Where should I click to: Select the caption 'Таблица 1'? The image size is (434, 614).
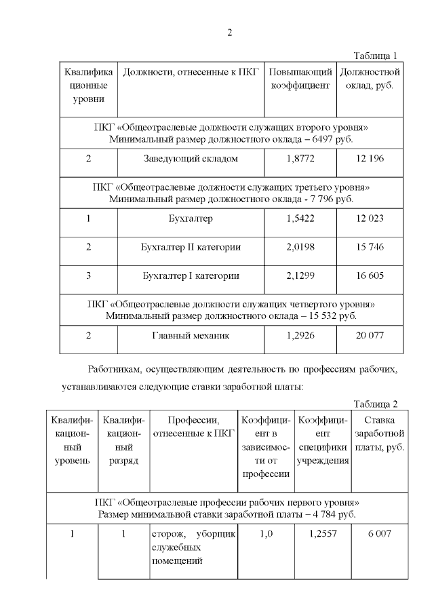(376, 56)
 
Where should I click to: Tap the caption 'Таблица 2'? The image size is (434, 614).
(376, 404)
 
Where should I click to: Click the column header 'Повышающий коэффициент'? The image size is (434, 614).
(300, 79)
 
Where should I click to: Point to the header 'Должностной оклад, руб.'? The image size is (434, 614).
(370, 79)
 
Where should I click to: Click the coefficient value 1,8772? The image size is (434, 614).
(300, 159)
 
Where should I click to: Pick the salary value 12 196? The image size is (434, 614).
(370, 159)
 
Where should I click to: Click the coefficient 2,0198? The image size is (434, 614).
(300, 247)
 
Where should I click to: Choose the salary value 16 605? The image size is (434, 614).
(370, 276)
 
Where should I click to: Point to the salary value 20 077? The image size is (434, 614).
(370, 335)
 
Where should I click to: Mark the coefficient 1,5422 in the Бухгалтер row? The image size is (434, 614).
(300, 218)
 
